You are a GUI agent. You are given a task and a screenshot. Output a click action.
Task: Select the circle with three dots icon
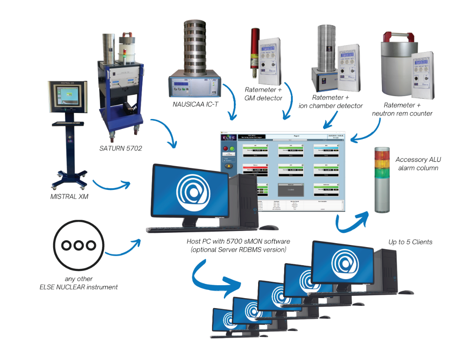tap(78, 245)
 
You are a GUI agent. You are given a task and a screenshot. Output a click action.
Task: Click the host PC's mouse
tap(268, 227)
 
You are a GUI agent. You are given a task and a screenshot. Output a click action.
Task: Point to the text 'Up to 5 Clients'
tap(410, 242)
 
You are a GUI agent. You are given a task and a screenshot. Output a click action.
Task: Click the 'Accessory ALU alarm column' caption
tap(418, 164)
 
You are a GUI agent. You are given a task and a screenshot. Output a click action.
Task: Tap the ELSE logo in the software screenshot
tap(228, 138)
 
